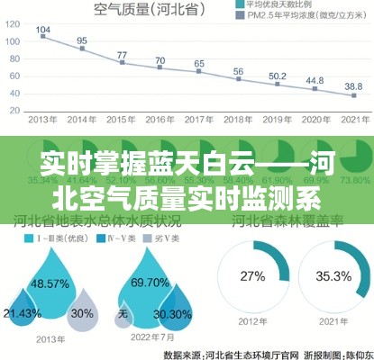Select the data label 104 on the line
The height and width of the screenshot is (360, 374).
click(43, 31)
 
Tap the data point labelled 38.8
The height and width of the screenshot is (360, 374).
click(354, 95)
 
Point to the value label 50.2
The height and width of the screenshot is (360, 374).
click(278, 77)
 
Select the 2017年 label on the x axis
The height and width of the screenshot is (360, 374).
click(199, 119)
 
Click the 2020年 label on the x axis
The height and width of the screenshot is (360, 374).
click(315, 119)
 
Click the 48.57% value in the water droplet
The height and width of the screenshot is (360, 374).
click(50, 283)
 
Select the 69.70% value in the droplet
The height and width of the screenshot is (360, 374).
click(150, 283)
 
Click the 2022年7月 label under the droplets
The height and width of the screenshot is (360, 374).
click(150, 337)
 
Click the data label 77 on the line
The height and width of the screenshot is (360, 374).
click(122, 56)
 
